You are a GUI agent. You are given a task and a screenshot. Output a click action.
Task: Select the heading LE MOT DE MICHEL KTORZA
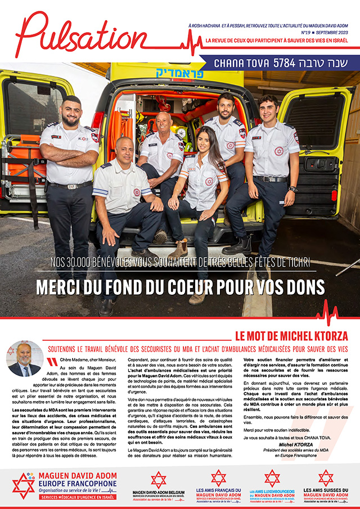click(x=291, y=336)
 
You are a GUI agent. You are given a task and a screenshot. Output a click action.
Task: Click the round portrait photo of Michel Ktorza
click(x=24, y=358)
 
